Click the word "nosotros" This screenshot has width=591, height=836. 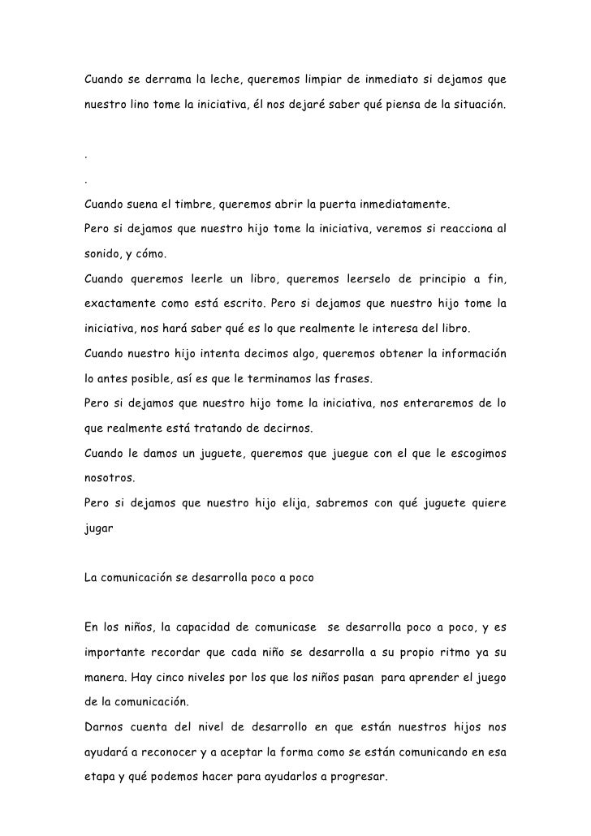coord(109,478)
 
